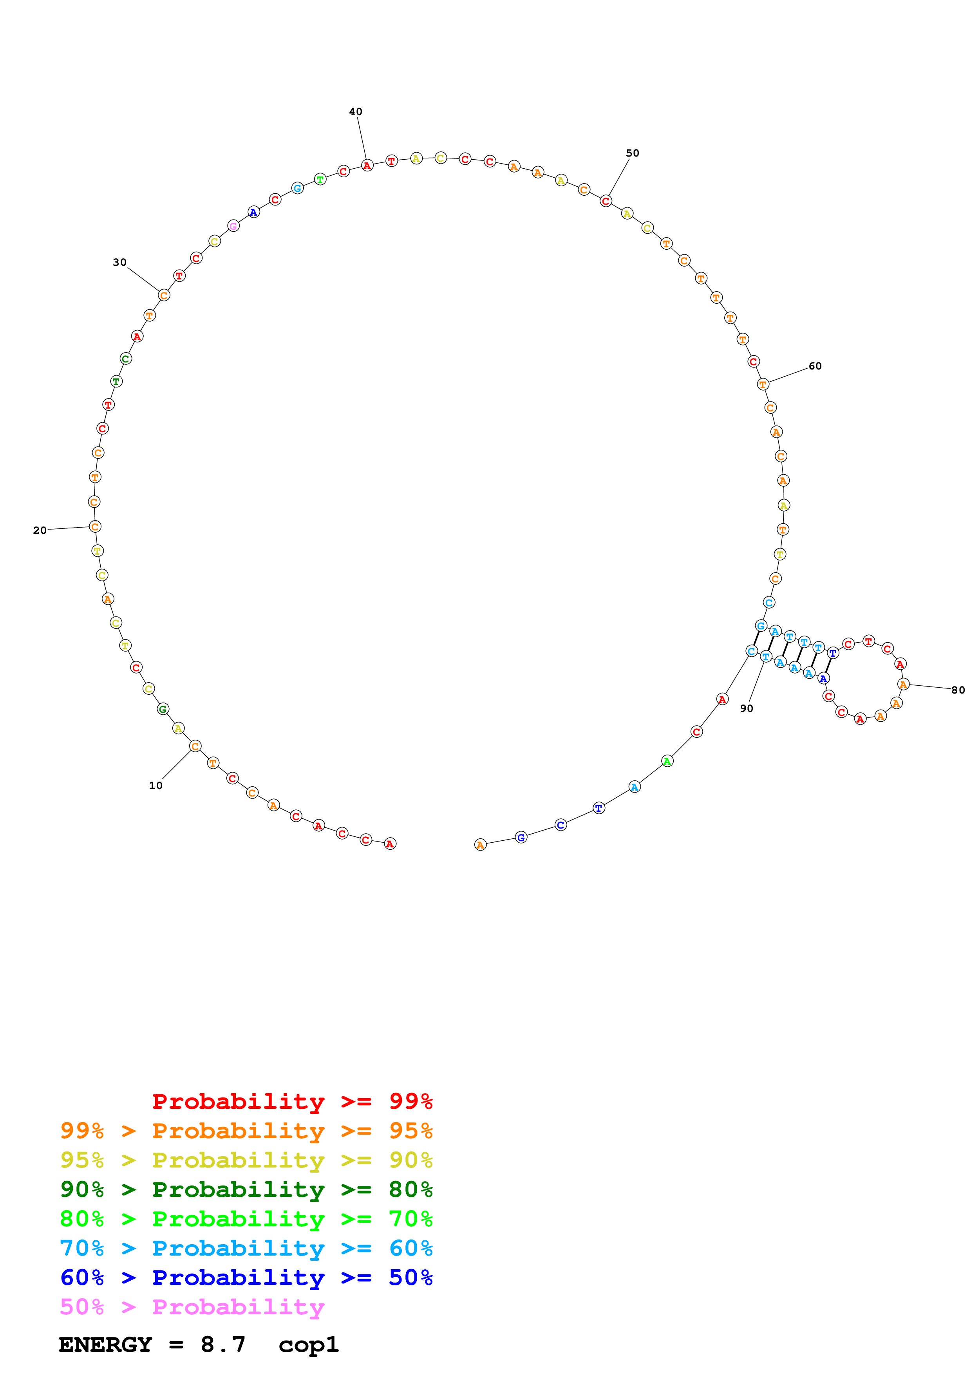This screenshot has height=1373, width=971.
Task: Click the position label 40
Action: click(x=355, y=112)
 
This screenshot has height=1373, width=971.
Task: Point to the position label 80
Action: click(x=958, y=690)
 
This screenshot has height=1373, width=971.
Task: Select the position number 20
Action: click(x=40, y=530)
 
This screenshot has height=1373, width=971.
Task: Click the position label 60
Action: click(x=815, y=366)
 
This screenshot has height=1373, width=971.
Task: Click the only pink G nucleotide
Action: click(x=233, y=226)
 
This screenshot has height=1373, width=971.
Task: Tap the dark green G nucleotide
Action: click(x=163, y=709)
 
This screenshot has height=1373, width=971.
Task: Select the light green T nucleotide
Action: click(x=320, y=179)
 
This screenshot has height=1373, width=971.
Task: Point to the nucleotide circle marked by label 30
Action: click(x=164, y=296)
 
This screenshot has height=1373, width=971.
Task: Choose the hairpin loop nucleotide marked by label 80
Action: click(x=903, y=684)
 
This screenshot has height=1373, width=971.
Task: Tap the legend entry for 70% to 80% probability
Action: click(x=246, y=1219)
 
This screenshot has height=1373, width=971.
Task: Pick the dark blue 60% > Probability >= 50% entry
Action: click(x=246, y=1278)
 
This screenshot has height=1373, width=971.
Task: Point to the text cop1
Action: click(x=308, y=1344)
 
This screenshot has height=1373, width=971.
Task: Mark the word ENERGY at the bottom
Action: click(x=105, y=1344)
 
